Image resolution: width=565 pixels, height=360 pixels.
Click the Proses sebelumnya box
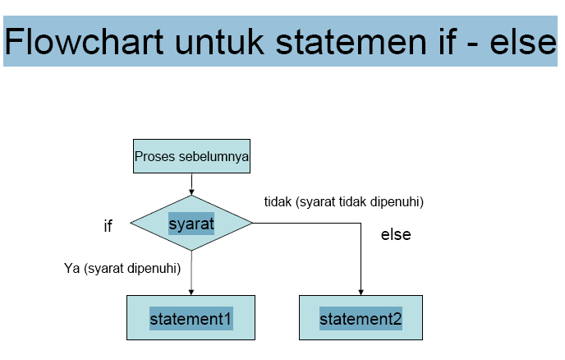pos(191,156)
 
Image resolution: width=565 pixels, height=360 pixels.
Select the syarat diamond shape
pos(191,223)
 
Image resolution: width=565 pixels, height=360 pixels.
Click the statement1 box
pos(191,317)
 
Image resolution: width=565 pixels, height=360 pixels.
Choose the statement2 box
pos(361,317)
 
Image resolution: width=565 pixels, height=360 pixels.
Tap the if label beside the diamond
pos(108,227)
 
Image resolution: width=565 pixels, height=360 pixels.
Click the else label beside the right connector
pos(396,235)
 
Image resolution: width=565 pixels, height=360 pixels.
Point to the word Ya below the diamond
pos(72,268)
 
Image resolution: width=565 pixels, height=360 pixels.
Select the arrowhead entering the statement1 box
pos(191,291)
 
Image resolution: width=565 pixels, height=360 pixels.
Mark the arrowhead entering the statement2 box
pos(361,291)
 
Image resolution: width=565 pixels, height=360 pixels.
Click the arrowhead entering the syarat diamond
pos(191,192)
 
